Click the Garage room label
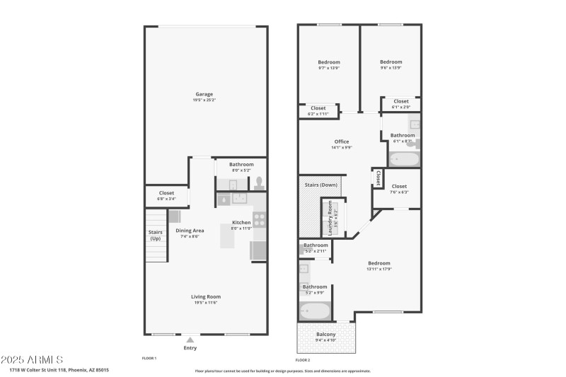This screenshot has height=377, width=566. pos(204,94)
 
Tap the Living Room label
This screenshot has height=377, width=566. pos(206,296)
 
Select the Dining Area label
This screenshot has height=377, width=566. pos(190,231)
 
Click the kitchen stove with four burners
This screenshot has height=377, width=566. pos(259,219)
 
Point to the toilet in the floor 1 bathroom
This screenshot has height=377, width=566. pos(259,182)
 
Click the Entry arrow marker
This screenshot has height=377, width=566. pos(190,340)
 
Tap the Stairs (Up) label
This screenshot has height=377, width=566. pos(155,235)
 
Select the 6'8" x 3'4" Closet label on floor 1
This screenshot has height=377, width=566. pos(166,192)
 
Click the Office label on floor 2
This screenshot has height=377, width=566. pos(341,141)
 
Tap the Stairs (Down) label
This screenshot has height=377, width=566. pos(320,185)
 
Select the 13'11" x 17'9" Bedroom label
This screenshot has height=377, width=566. pos(379,263)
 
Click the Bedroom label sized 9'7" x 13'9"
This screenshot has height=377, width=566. pos(328,62)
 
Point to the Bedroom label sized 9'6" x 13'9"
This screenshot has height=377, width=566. pos(391,62)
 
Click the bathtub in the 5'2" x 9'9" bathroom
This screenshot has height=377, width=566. pos(315,311)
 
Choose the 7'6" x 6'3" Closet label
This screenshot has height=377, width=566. pos(399,187)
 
